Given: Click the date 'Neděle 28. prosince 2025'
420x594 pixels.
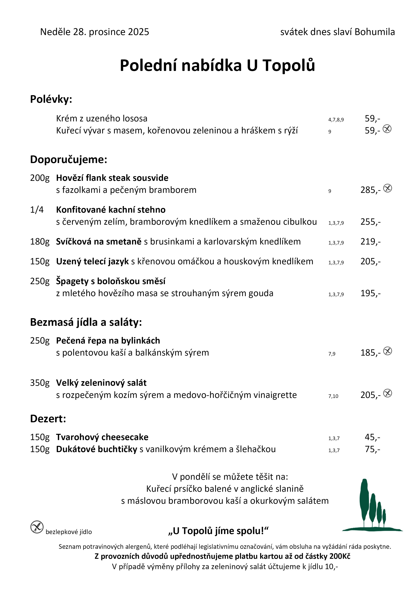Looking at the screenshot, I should click(x=94, y=32).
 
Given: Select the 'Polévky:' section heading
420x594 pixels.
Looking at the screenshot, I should click(x=51, y=99).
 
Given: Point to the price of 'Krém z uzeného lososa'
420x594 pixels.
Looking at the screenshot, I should click(x=372, y=119).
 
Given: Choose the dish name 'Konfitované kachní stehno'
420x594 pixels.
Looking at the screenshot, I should click(x=111, y=210).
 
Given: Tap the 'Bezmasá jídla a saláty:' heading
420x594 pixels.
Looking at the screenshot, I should click(x=86, y=322).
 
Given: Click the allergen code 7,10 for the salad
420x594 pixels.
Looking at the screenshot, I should click(x=333, y=396).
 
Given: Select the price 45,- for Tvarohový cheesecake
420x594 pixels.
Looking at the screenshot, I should click(x=372, y=437).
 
